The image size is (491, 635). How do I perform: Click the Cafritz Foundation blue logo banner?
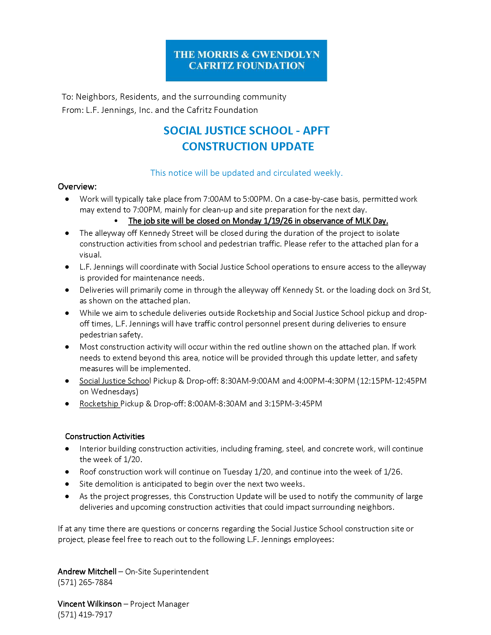pos(246,61)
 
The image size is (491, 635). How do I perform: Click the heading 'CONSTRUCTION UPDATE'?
pos(248,147)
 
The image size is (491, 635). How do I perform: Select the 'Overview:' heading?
pos(77,186)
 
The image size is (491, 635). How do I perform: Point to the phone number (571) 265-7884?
pos(85,582)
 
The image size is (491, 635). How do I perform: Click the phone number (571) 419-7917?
pos(85,614)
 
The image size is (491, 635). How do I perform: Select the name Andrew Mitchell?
pos(87,571)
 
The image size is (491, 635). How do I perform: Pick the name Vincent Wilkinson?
pos(90,604)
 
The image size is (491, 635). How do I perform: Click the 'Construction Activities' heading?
pos(105,436)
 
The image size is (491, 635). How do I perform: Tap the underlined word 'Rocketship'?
pos(99,404)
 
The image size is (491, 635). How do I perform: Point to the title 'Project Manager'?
pos(159,604)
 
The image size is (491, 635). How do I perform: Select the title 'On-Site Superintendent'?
pos(167,571)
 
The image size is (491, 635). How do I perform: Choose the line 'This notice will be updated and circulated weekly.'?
pos(246,173)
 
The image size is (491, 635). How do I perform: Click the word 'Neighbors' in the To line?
pos(96,96)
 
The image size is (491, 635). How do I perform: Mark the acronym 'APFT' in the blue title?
pos(316,131)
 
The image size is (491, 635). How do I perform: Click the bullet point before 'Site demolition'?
pos(67,484)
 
